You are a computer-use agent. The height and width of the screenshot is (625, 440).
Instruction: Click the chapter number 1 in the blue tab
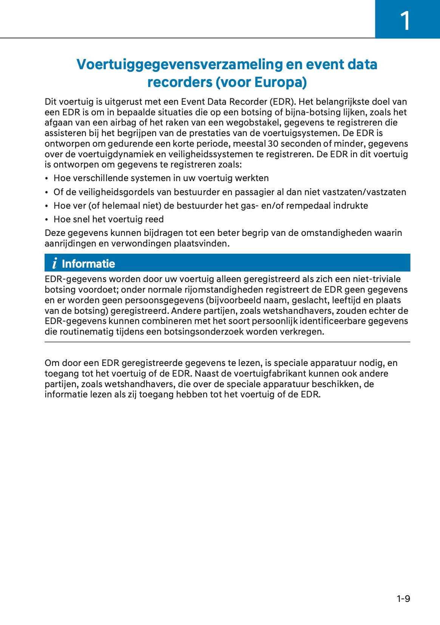pyautogui.click(x=405, y=21)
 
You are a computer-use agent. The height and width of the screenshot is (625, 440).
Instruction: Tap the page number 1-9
pyautogui.click(x=403, y=599)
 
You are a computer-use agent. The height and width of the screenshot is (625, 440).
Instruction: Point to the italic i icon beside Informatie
pyautogui.click(x=55, y=263)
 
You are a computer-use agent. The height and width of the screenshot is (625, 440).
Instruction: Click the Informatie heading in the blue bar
pyautogui.click(x=88, y=264)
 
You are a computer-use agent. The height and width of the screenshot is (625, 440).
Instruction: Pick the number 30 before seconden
pyautogui.click(x=273, y=144)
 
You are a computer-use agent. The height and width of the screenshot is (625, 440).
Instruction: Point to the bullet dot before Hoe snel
pyautogui.click(x=46, y=220)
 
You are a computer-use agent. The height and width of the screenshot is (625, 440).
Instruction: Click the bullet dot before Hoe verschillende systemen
pyautogui.click(x=46, y=178)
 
